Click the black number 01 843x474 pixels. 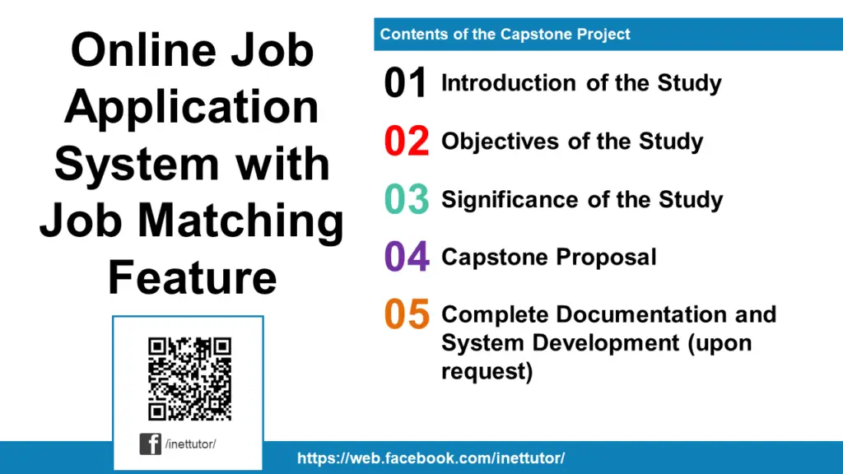[x=406, y=84]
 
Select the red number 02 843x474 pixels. [x=406, y=142]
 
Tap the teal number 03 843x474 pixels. [x=406, y=200]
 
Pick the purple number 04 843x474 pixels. [x=407, y=258]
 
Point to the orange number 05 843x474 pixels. [x=407, y=315]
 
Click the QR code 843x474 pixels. [x=189, y=379]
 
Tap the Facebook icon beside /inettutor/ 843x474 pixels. [x=150, y=444]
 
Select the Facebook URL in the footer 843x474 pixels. [x=431, y=458]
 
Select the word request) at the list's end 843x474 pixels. [x=487, y=371]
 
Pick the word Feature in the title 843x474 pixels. [x=192, y=277]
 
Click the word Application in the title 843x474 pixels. [x=192, y=107]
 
